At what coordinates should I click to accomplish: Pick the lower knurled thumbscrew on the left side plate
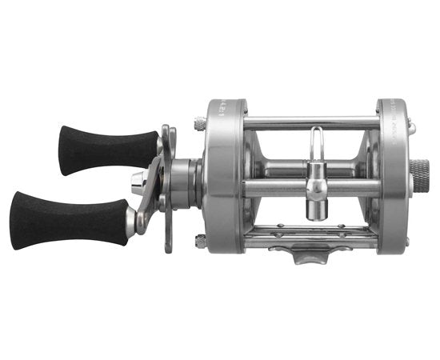tap(200, 239)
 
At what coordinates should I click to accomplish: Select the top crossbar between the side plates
tap(312, 122)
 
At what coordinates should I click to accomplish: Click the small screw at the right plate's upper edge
tap(411, 126)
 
